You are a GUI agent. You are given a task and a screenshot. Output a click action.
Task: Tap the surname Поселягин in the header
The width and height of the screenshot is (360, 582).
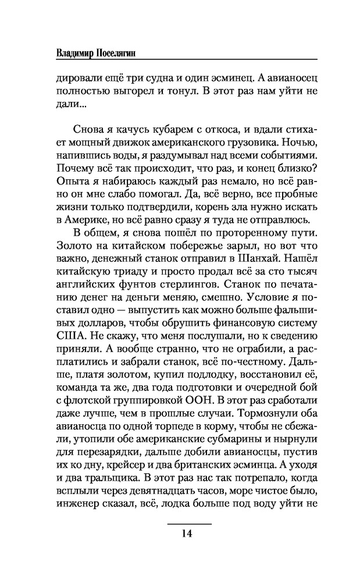[118, 52]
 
